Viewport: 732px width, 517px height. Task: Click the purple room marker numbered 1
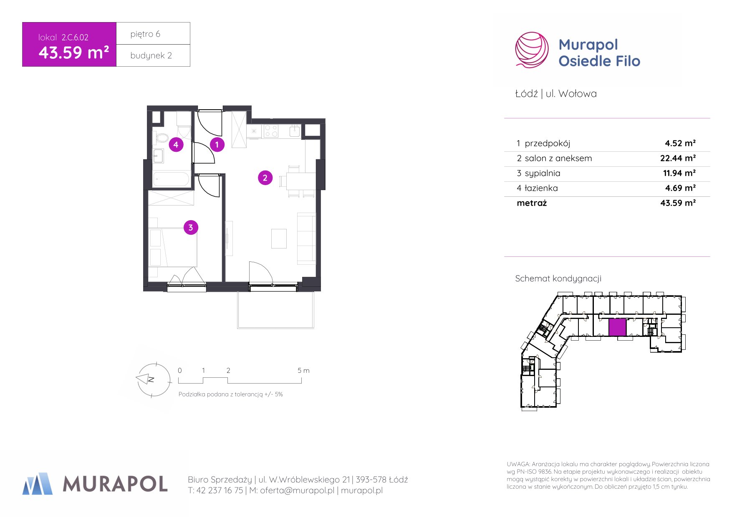click(217, 145)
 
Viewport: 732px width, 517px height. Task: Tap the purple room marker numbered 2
click(265, 178)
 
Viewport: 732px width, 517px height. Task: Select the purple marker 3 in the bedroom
click(191, 227)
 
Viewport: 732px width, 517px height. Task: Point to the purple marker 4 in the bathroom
click(176, 145)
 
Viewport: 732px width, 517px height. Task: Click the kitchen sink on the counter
click(295, 131)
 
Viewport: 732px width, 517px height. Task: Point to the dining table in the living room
click(300, 181)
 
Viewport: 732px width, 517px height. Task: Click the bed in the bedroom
click(173, 247)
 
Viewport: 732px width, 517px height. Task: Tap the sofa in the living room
click(306, 238)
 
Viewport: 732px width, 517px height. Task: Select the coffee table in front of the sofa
click(279, 238)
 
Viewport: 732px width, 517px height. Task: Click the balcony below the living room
click(275, 310)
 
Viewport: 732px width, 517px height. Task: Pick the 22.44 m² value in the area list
click(678, 158)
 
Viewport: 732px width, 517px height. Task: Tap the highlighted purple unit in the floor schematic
click(617, 327)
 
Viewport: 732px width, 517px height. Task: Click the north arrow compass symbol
click(154, 379)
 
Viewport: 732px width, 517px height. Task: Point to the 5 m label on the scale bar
click(303, 370)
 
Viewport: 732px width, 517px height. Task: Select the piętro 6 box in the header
click(153, 33)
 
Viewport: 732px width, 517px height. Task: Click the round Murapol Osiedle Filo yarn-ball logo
click(532, 50)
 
